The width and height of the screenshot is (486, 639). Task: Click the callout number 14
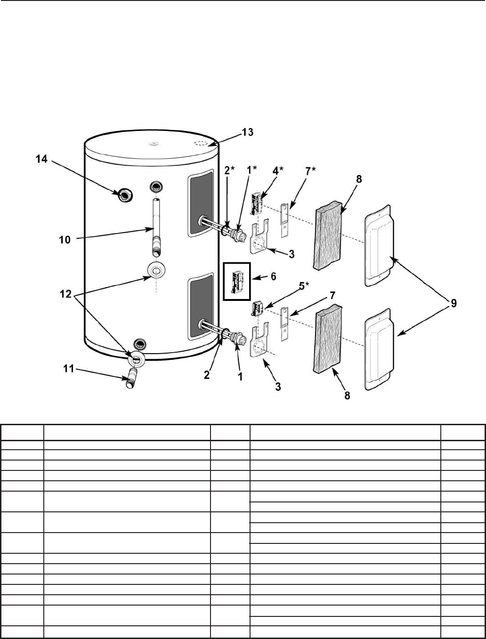41,160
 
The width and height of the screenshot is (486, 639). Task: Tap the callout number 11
69,369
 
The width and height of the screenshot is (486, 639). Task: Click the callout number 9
453,304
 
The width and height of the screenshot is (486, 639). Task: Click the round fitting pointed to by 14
124,194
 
